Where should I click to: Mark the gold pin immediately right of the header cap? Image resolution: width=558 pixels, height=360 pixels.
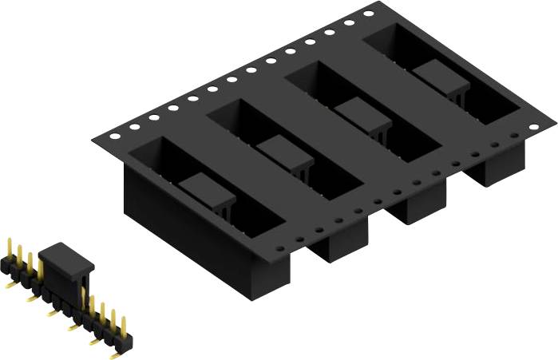coord(90,308)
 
